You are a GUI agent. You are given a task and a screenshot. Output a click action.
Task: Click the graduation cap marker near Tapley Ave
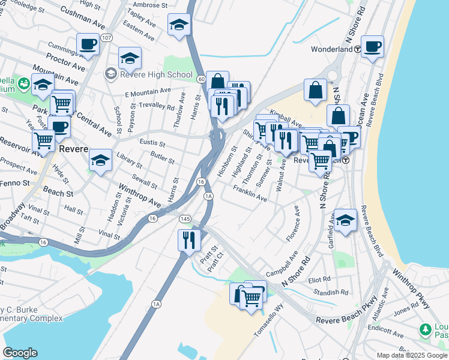click(178, 25)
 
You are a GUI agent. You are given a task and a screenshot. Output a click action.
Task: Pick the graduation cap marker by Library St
click(100, 160)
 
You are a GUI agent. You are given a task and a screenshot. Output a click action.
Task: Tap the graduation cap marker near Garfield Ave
click(346, 220)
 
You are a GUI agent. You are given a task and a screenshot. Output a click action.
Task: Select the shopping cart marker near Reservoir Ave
click(44, 142)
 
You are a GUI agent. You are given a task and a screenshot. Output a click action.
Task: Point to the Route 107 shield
click(106, 38)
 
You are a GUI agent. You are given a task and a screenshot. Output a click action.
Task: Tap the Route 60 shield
click(201, 79)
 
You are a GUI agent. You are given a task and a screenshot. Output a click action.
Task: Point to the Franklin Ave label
click(250, 193)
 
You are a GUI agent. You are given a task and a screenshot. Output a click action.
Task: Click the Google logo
click(20, 353)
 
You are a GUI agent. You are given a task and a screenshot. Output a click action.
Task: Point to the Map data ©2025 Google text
click(411, 355)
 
